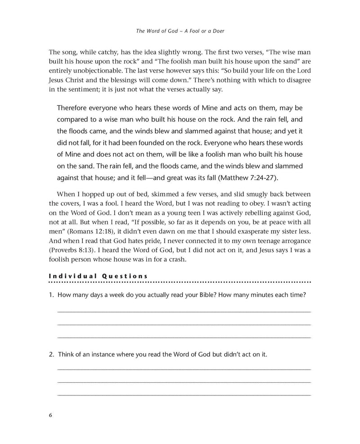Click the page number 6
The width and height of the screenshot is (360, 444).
pyautogui.click(x=51, y=415)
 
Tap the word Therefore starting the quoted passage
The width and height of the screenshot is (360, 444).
pyautogui.click(x=75, y=110)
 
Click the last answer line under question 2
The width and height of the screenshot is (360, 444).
pyautogui.click(x=184, y=395)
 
